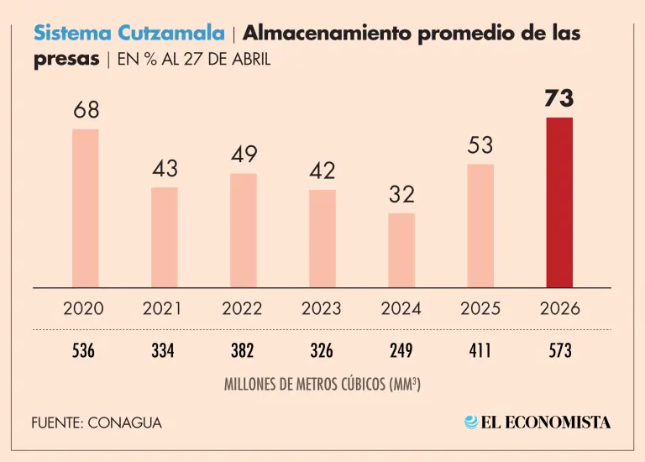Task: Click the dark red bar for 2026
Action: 559,202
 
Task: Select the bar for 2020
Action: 85,207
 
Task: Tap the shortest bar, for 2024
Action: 401,249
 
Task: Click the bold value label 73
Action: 559,99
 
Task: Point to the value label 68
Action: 85,111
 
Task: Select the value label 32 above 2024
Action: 401,195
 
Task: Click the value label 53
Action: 480,146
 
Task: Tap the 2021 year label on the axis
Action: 163,308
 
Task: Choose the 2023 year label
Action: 322,308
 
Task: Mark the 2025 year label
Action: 480,308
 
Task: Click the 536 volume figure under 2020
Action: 84,350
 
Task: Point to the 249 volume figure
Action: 401,350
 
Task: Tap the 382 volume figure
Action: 243,350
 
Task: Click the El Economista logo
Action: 537,423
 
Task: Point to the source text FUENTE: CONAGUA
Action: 97,423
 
